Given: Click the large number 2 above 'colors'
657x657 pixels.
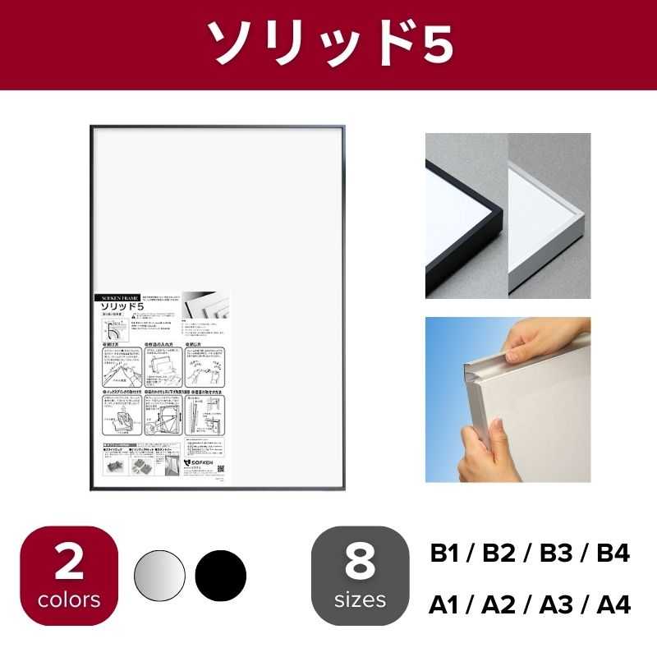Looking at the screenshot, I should tap(69, 563).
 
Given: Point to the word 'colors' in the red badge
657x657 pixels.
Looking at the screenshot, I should tap(69, 600).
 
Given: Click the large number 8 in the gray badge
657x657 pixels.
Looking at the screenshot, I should tap(361, 563).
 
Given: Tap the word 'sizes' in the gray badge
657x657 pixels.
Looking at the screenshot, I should tap(361, 600).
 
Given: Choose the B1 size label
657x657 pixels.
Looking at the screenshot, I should tap(448, 554).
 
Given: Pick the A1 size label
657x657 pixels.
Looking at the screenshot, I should tap(448, 607).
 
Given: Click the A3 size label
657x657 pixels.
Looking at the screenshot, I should tap(558, 607).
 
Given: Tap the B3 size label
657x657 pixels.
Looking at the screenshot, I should tap(558, 554).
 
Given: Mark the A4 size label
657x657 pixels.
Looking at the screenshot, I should tap(612, 607).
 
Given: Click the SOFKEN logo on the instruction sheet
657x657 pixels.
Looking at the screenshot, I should tap(201, 463).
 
